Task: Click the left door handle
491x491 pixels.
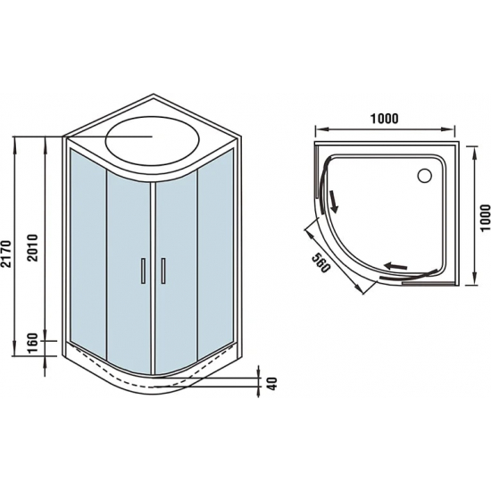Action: (x=141, y=270)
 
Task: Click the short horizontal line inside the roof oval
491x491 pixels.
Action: (x=134, y=137)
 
